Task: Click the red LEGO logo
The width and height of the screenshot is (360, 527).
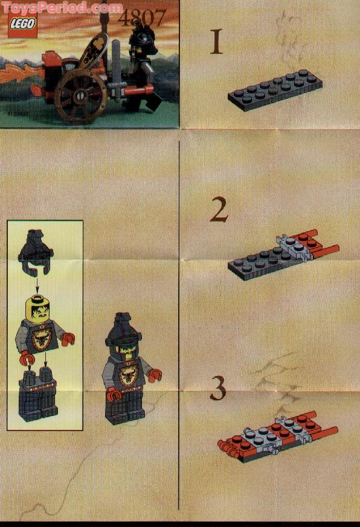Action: (22, 28)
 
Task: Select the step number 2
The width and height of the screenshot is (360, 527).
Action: (219, 211)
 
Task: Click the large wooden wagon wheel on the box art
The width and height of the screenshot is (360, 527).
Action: (80, 96)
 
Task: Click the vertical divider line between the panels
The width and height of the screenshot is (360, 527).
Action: (179, 326)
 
